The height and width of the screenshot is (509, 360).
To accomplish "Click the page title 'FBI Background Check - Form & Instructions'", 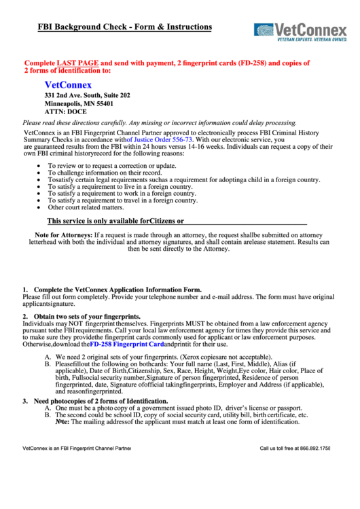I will pyautogui.click(x=115, y=27).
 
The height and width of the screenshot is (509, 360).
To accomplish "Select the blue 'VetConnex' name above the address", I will pyautogui.click(x=68, y=86).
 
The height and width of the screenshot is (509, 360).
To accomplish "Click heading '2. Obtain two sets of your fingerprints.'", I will pyautogui.click(x=82, y=317).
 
